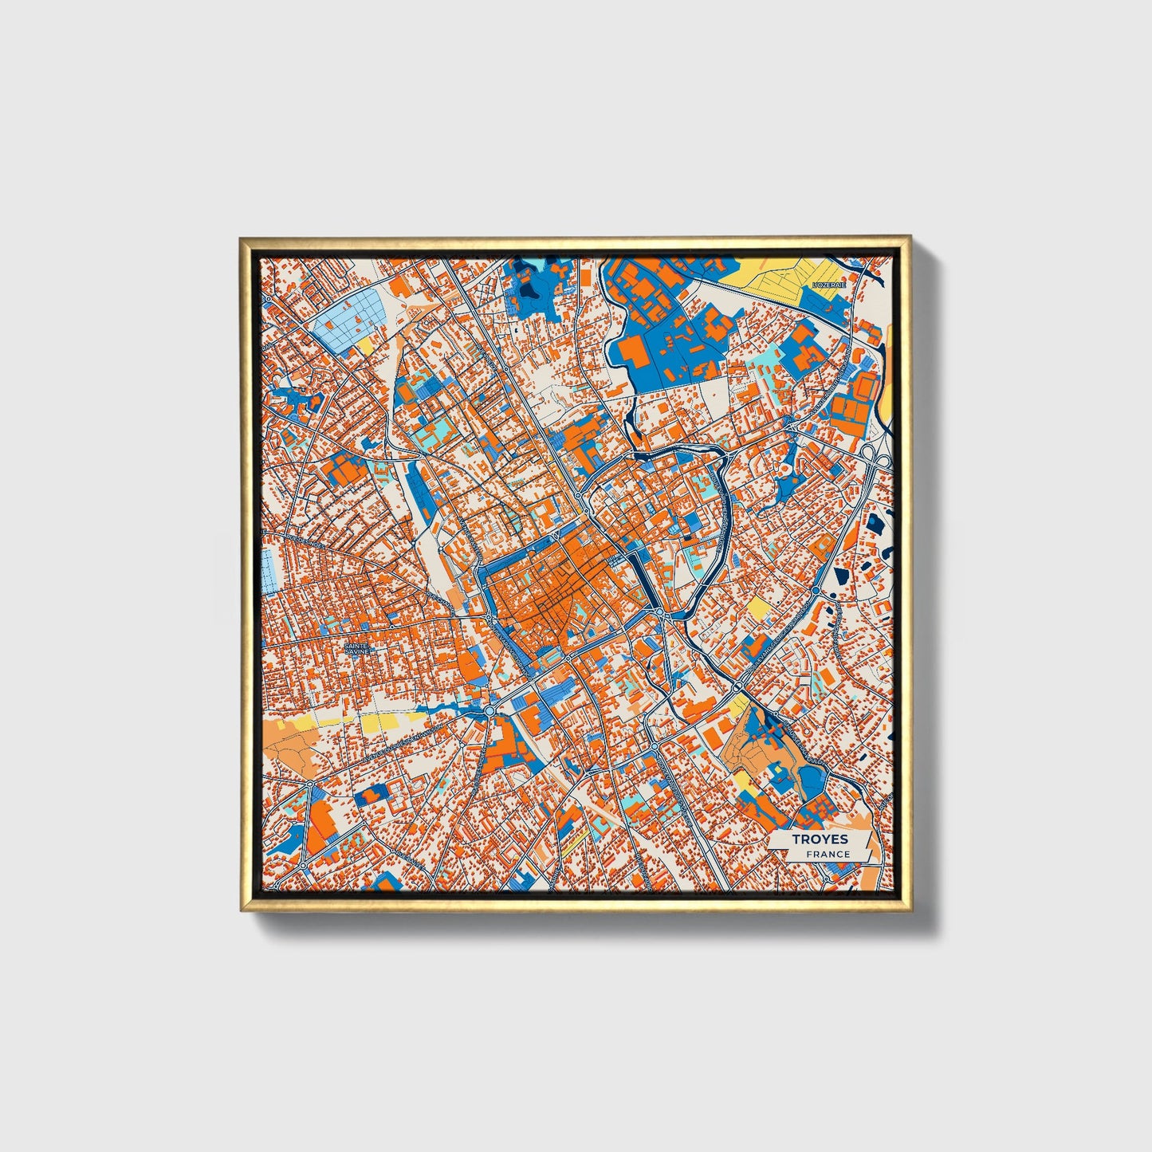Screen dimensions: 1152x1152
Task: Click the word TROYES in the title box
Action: [819, 839]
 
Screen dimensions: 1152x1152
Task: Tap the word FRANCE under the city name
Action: [828, 855]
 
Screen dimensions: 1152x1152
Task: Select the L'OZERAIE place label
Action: [828, 285]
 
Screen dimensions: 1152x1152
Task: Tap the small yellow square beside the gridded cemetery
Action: [366, 345]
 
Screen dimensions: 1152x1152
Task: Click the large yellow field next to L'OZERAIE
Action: [785, 275]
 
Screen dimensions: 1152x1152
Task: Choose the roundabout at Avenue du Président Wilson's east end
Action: [489, 710]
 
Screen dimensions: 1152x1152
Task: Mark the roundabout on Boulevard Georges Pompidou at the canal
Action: [739, 686]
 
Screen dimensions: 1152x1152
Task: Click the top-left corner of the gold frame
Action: [242, 239]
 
